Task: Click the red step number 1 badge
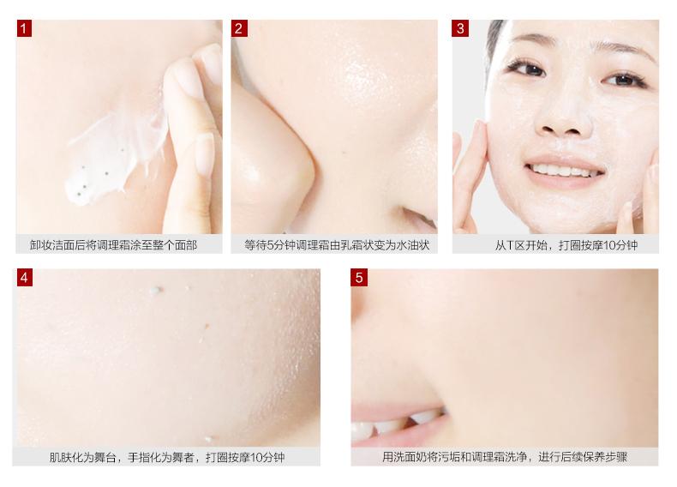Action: pyautogui.click(x=24, y=28)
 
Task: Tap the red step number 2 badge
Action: pyautogui.click(x=239, y=28)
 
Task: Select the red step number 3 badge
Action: pyautogui.click(x=460, y=28)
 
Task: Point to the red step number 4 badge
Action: pyautogui.click(x=24, y=277)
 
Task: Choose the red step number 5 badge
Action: pyautogui.click(x=359, y=277)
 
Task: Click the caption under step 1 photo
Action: pyautogui.click(x=113, y=245)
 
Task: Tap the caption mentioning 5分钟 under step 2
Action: pyautogui.click(x=335, y=245)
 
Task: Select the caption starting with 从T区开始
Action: pyautogui.click(x=566, y=245)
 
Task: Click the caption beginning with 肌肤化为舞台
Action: pyautogui.click(x=166, y=457)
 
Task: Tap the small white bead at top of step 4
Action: pyautogui.click(x=153, y=291)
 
